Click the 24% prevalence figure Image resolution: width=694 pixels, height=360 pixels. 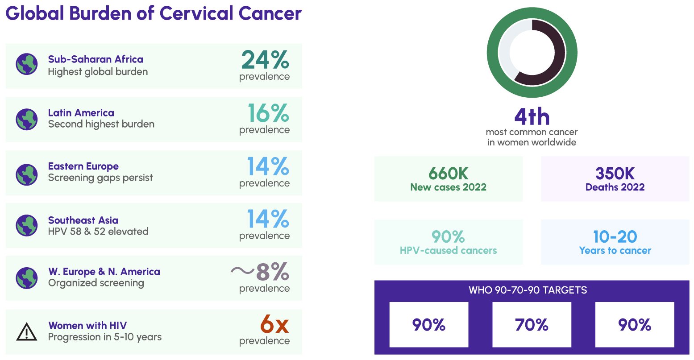click(x=265, y=60)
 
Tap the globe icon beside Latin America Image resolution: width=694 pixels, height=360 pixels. click(x=27, y=119)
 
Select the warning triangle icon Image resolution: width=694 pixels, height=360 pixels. click(x=27, y=332)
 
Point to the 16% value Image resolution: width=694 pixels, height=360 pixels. click(x=268, y=113)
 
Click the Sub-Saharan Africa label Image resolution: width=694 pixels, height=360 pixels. click(x=96, y=59)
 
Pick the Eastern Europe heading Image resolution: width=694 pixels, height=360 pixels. click(x=83, y=166)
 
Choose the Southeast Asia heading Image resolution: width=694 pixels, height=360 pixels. click(x=83, y=220)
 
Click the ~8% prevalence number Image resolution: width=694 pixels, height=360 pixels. click(x=260, y=271)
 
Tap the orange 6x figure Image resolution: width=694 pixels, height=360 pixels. click(x=274, y=324)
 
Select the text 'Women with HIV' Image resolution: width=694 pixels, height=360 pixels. click(x=87, y=325)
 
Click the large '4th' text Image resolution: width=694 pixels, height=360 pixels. click(x=532, y=117)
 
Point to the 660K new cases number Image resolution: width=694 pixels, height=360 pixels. click(x=448, y=173)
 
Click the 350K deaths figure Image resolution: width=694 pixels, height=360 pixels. click(x=615, y=173)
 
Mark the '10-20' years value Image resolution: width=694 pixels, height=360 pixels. click(x=615, y=236)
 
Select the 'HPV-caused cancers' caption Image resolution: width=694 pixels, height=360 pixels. click(x=448, y=251)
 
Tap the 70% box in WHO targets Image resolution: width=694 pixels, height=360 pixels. click(x=532, y=325)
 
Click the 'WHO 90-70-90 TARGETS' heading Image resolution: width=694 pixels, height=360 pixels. click(x=528, y=290)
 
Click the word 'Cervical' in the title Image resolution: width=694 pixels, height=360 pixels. click(x=196, y=13)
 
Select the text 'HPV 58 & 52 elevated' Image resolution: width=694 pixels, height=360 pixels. click(x=98, y=232)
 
